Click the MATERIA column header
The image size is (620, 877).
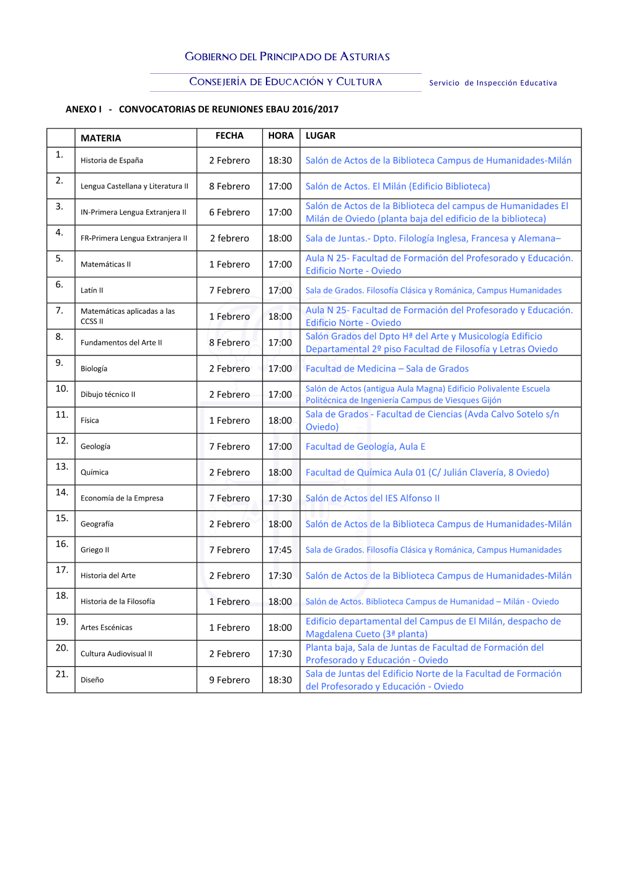tap(101, 138)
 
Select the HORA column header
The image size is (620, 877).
tap(281, 136)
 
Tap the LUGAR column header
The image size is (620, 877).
tap(321, 136)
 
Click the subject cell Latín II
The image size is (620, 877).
tap(92, 290)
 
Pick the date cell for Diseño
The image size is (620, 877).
tap(229, 680)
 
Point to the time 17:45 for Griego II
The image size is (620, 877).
tap(280, 550)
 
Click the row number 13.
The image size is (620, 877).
tap(62, 466)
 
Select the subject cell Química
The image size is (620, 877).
tap(94, 473)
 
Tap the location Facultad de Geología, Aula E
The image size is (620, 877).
tap(365, 447)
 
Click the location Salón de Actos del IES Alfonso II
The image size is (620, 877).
tap(373, 498)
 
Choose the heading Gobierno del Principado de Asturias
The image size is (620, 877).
tap(287, 56)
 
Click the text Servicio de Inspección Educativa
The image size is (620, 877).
tap(493, 83)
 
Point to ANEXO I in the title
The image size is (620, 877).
tap(84, 109)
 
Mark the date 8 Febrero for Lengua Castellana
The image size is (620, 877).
tap(229, 186)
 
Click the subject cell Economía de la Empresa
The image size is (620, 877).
tap(122, 498)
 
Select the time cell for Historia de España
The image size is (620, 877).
tap(280, 161)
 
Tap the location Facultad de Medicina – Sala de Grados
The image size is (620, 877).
tap(387, 368)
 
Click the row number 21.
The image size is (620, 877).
tap(62, 674)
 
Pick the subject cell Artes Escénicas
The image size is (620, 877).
tap(107, 628)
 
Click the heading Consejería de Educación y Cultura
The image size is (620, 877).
tap(286, 82)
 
